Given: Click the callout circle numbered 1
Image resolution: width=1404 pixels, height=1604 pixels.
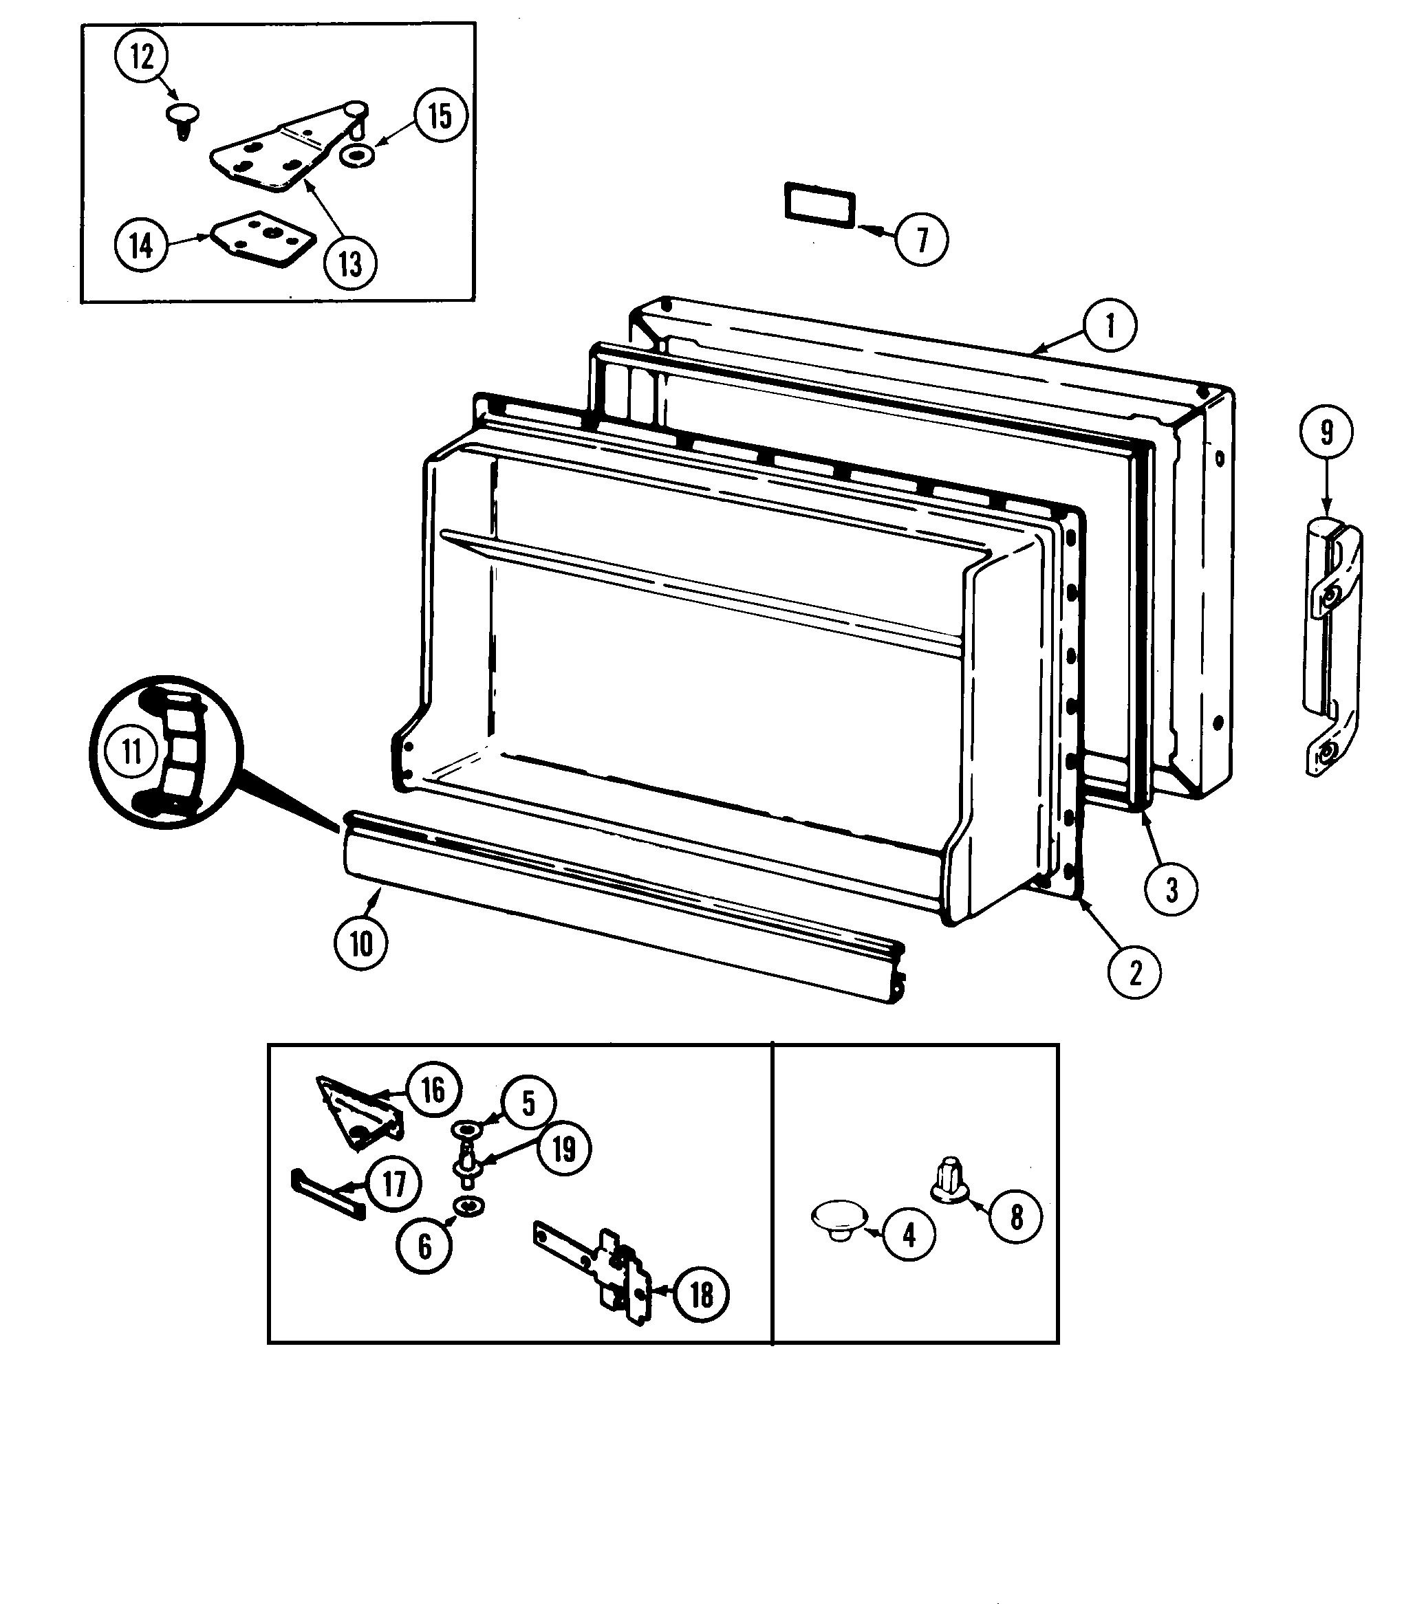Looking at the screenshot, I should [x=1110, y=325].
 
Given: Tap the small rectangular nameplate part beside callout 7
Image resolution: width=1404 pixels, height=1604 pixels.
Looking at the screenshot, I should [x=819, y=204].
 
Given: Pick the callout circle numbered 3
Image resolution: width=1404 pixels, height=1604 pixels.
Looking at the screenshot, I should [x=1171, y=889].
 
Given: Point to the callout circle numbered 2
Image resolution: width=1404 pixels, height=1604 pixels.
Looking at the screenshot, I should [x=1134, y=973].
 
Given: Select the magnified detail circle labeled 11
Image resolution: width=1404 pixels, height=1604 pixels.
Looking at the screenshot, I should [x=166, y=752].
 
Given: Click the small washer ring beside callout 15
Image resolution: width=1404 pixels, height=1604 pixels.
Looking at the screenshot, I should [x=356, y=157].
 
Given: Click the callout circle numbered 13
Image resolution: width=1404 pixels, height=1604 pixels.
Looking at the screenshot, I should [x=350, y=263].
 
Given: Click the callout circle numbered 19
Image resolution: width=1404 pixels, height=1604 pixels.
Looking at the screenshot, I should [x=564, y=1149].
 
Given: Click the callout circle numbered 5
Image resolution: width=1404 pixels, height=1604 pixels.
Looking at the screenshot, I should [x=528, y=1103].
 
